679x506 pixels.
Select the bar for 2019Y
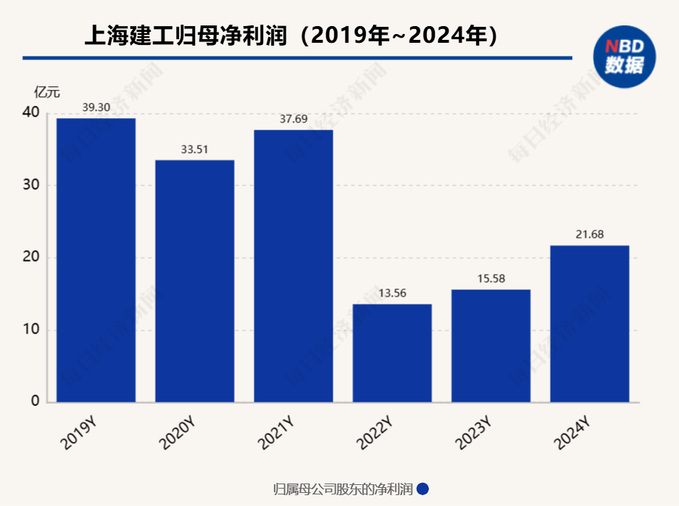tap(96, 260)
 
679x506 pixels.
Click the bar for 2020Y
tap(195, 281)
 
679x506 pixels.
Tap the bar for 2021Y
tap(293, 265)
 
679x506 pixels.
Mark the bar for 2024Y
tap(589, 323)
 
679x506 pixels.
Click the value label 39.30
tap(96, 107)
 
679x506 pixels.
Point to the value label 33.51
tap(195, 149)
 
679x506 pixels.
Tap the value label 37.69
tap(293, 119)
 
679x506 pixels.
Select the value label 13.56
tap(392, 294)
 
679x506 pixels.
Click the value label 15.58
tap(491, 279)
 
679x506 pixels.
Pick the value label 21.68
tap(589, 234)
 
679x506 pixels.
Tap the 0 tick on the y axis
tap(34, 402)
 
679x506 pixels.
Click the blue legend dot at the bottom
tap(422, 489)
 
